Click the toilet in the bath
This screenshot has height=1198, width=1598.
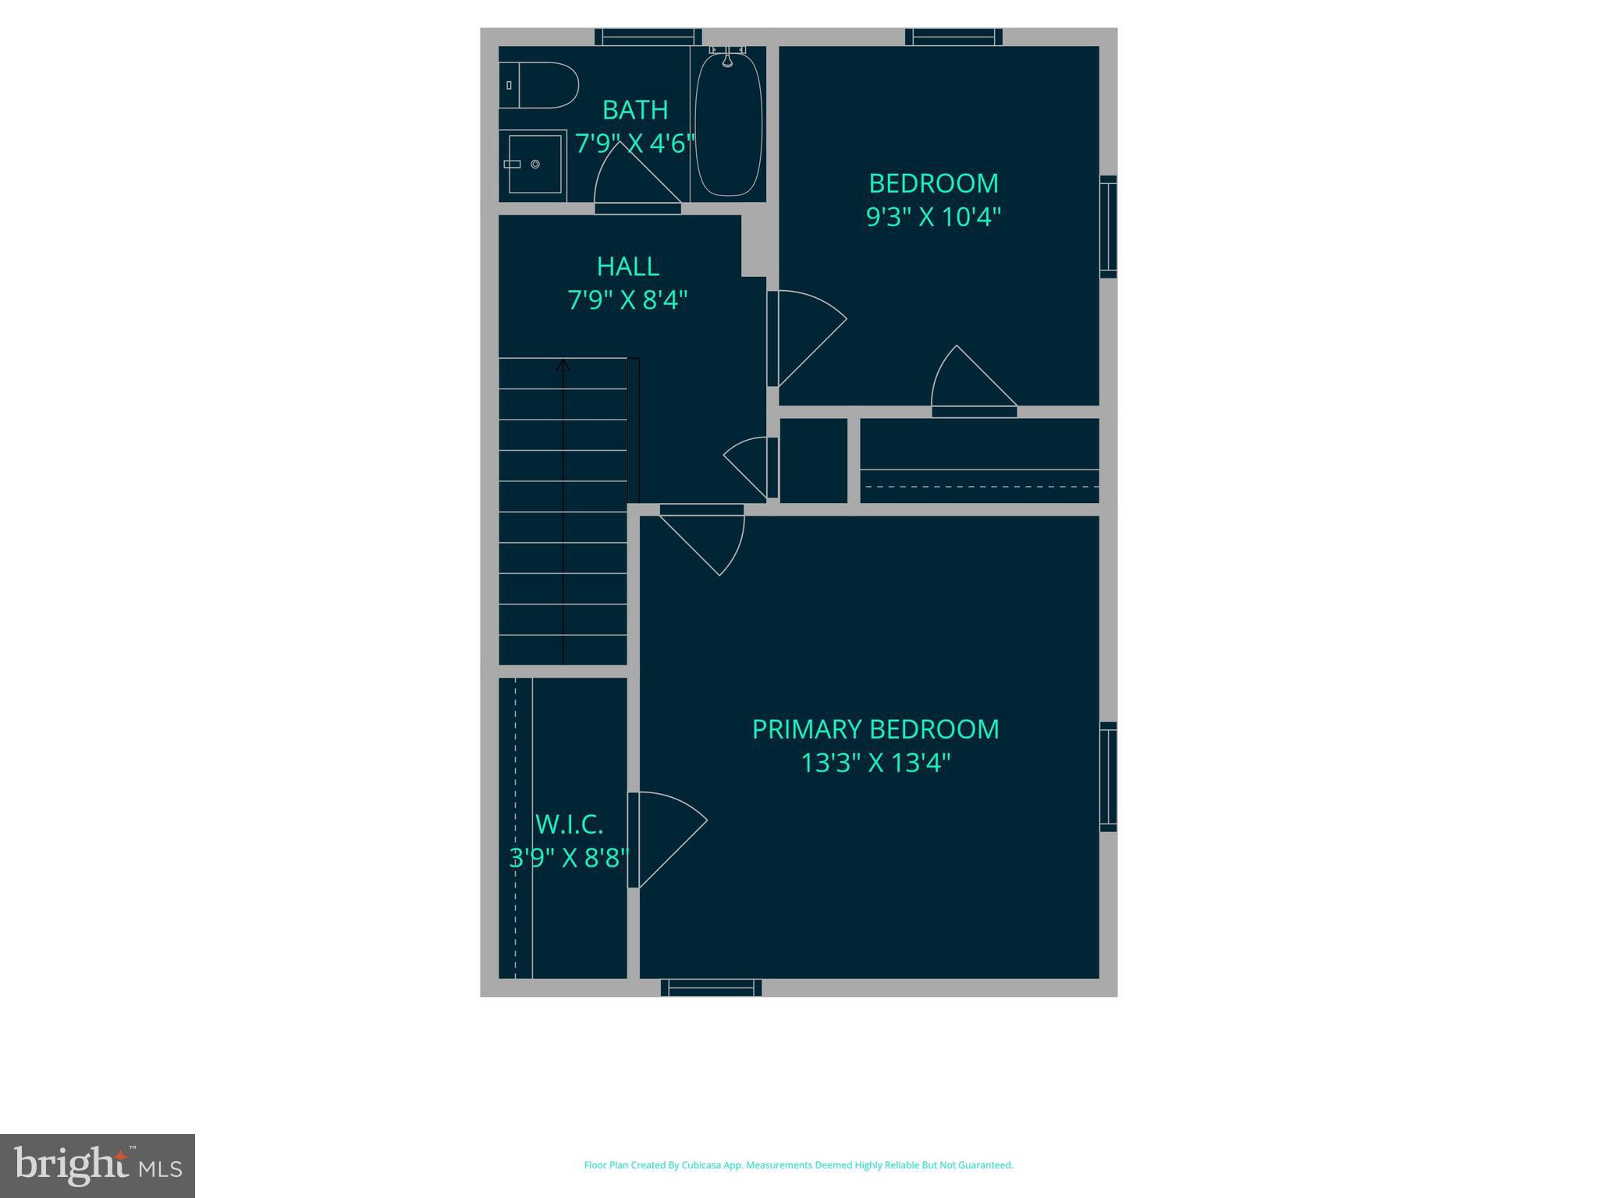pos(538,85)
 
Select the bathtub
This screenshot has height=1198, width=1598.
pos(728,122)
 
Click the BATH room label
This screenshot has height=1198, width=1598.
pos(635,110)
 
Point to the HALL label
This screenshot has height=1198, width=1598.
pos(628,267)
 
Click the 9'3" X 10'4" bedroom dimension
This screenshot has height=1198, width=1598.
pos(933,217)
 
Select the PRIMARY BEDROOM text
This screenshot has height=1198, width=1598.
pos(875,729)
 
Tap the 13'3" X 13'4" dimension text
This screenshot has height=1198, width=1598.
pos(875,763)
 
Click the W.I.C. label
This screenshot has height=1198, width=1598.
pos(569,824)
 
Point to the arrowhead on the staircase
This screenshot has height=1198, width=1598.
pos(563,364)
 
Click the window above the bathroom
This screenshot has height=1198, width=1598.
pos(648,37)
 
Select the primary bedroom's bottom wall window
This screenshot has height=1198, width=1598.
pos(711,987)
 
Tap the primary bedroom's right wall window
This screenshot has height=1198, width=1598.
pos(1108,776)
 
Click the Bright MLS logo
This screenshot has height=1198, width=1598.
pos(98,1165)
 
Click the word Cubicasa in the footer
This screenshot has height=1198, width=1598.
pos(701,1165)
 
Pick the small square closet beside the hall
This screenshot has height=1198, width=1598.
pos(813,461)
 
